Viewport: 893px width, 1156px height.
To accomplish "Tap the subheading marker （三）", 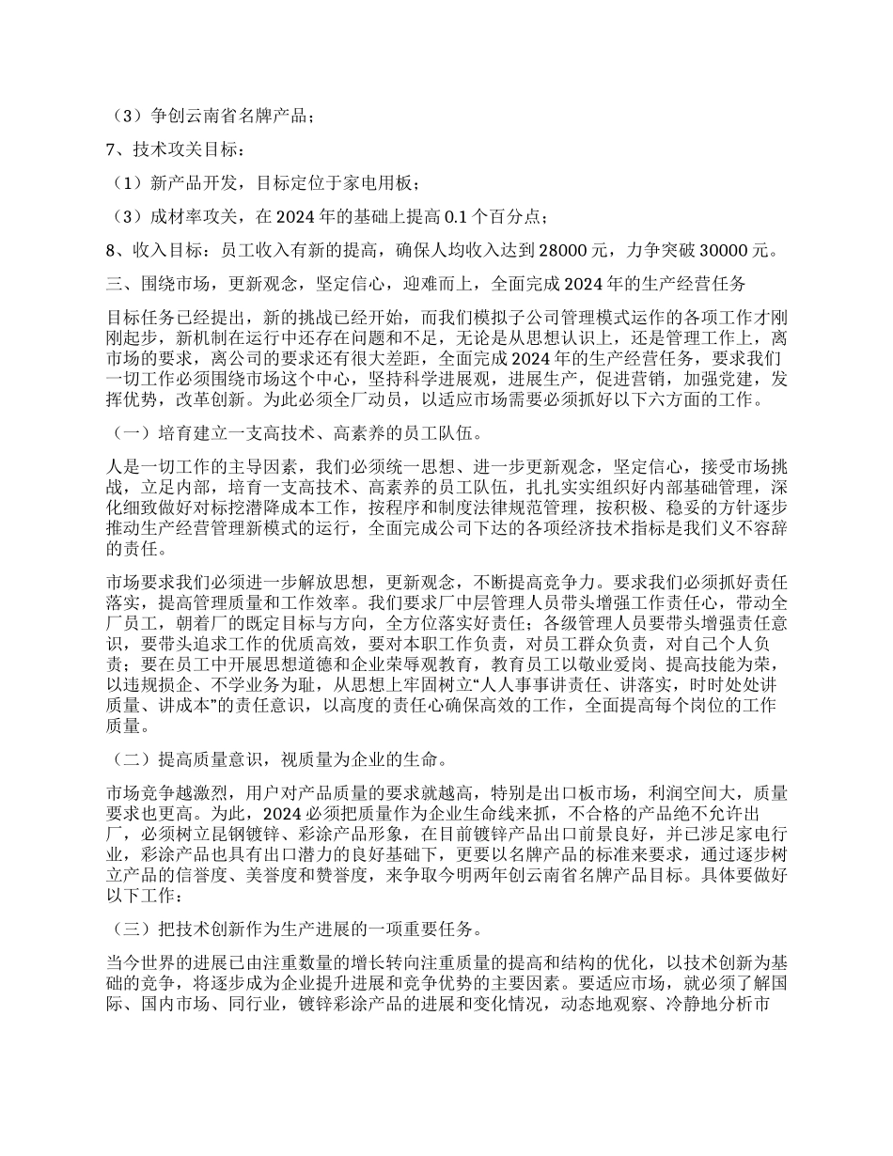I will click(x=131, y=929).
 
